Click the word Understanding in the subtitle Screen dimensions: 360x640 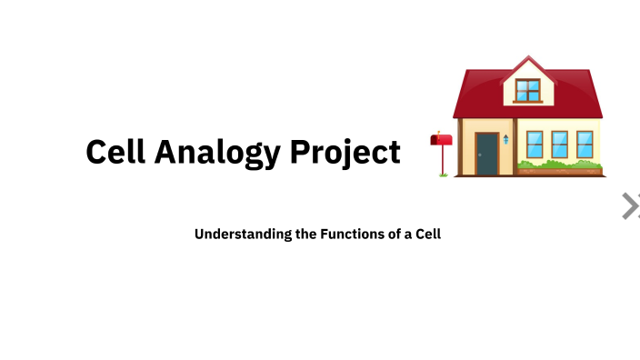point(243,234)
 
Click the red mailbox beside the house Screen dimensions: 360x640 point(441,140)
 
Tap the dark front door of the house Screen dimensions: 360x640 point(486,154)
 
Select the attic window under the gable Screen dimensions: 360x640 point(527,90)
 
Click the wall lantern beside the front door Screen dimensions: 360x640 point(506,139)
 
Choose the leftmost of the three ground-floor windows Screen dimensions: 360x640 point(535,144)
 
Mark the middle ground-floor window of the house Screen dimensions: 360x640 point(560,144)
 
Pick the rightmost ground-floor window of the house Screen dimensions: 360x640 point(585,144)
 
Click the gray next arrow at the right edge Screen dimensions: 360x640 point(630,206)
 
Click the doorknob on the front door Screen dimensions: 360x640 point(479,155)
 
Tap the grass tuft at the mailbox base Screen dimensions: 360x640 point(443,175)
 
